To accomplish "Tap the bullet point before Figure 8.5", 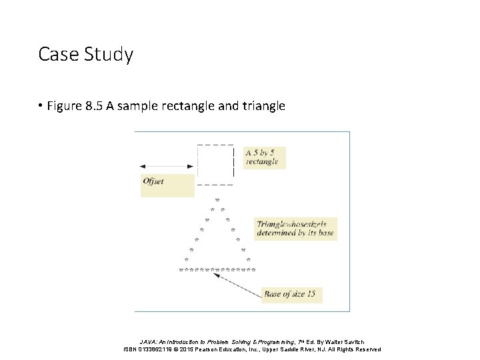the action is point(41,105).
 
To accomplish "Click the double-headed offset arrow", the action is point(167,165).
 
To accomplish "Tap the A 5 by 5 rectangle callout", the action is point(265,157).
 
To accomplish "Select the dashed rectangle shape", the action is point(215,164).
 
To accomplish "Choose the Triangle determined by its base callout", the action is point(295,229).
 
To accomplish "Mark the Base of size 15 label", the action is point(291,293).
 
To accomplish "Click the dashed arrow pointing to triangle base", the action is point(239,283).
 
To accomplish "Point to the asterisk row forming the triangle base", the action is point(217,271).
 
